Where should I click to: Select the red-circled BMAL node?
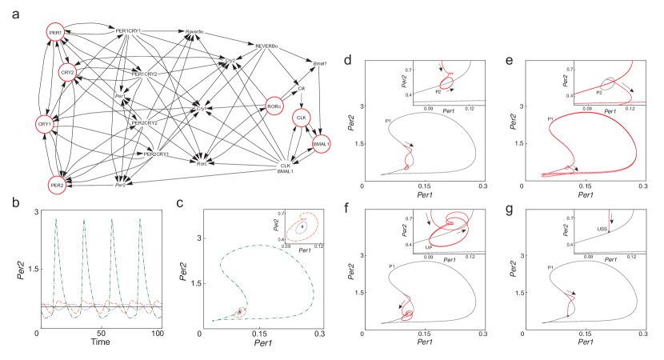coord(320,143)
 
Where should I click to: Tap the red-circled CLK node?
coord(301,118)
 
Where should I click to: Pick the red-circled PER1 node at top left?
coord(55,33)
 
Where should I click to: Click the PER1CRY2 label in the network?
coord(145,74)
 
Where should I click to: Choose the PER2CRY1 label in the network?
coord(156,154)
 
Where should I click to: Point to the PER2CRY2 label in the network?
coord(145,124)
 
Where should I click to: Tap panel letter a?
coord(16,14)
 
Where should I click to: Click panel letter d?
coord(347,61)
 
